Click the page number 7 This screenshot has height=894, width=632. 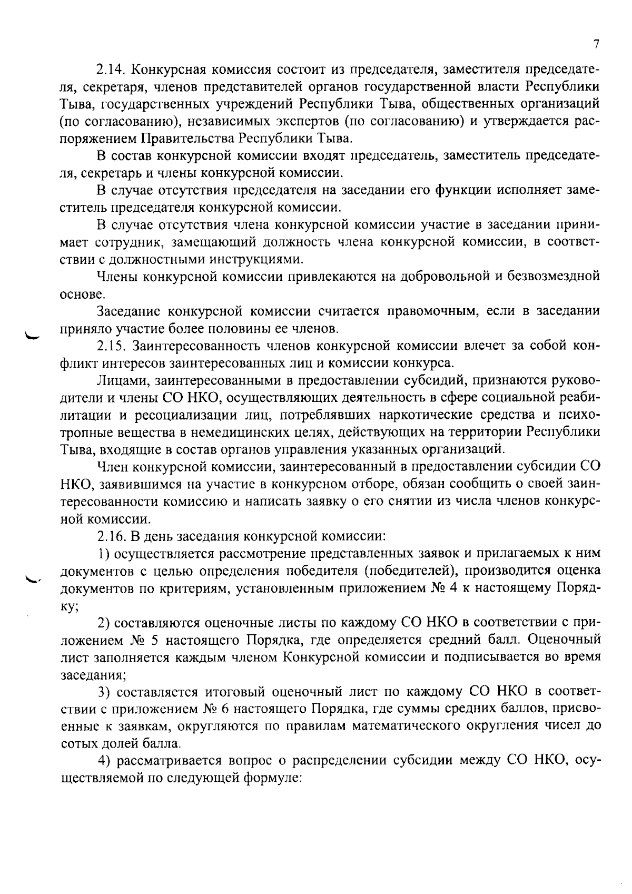click(596, 44)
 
